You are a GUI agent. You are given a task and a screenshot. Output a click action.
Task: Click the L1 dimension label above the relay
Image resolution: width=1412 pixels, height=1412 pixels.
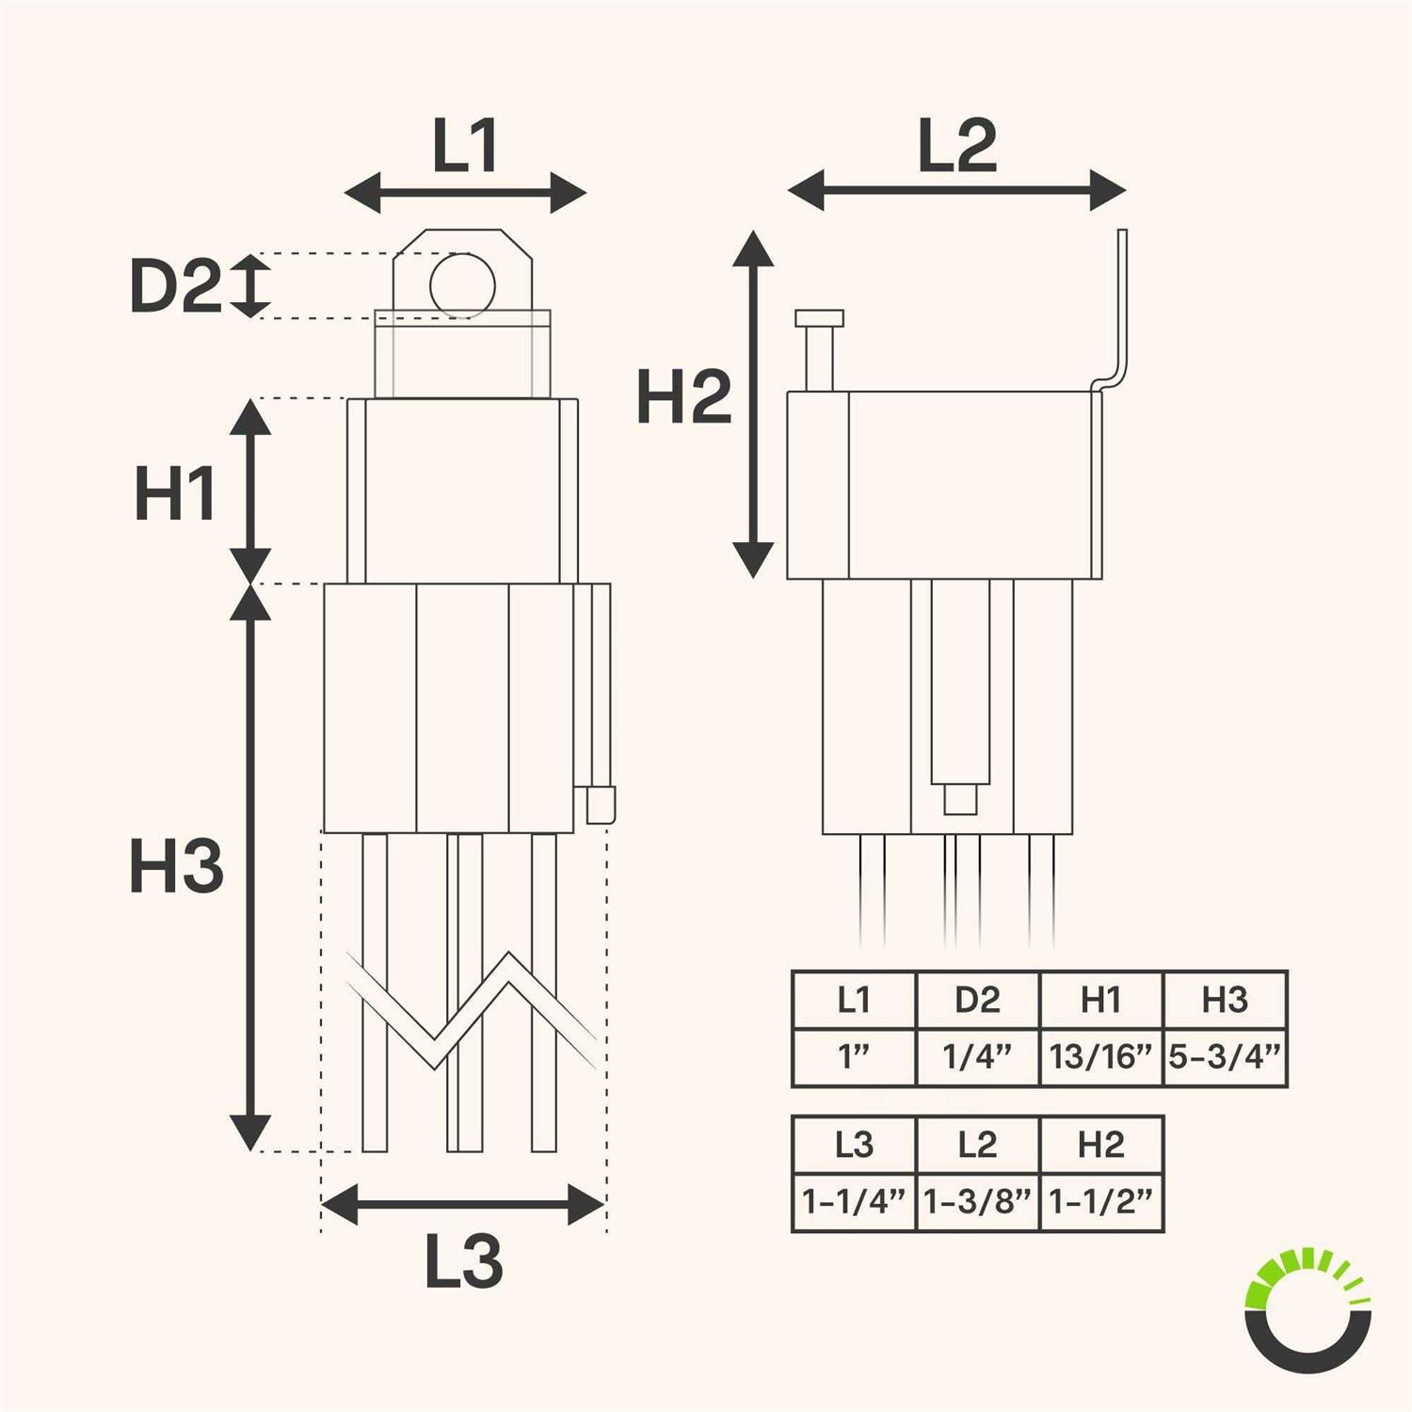(465, 147)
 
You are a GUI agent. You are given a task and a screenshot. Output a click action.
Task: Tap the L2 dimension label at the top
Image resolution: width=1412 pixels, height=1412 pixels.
(956, 147)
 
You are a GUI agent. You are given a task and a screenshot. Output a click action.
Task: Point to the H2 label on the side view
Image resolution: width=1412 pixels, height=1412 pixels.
(683, 396)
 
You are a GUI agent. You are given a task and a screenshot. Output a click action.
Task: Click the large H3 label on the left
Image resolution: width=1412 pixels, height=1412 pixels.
(176, 867)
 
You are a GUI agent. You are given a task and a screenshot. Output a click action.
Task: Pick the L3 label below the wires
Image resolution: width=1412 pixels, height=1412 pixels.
(463, 1261)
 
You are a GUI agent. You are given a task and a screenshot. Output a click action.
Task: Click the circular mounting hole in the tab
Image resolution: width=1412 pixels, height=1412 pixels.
(462, 284)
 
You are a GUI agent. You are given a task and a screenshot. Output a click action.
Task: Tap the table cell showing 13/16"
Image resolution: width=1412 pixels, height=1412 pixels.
(1100, 1057)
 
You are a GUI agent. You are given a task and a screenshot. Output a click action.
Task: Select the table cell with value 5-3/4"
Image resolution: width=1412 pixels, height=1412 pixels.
(1225, 1057)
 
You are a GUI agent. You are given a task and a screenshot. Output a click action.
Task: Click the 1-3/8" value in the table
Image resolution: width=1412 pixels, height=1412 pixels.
(977, 1202)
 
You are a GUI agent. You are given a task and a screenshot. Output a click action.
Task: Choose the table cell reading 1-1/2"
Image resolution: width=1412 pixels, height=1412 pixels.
(1101, 1202)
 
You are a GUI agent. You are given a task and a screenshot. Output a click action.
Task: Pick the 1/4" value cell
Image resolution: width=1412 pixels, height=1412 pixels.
(977, 1057)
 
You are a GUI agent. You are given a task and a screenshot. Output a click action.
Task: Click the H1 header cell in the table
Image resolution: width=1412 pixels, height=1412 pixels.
(1100, 1000)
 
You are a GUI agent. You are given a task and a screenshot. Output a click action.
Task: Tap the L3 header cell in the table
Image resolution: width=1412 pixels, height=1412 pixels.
(854, 1145)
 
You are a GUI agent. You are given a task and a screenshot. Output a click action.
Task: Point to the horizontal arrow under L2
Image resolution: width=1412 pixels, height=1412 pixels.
(956, 191)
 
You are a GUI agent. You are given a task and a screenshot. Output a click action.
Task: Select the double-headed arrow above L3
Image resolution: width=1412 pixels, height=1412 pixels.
(462, 1204)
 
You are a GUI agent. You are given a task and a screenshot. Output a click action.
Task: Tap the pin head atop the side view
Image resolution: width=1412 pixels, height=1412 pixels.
(819, 318)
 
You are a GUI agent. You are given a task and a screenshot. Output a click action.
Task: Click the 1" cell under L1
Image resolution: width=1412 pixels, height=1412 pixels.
(854, 1057)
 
